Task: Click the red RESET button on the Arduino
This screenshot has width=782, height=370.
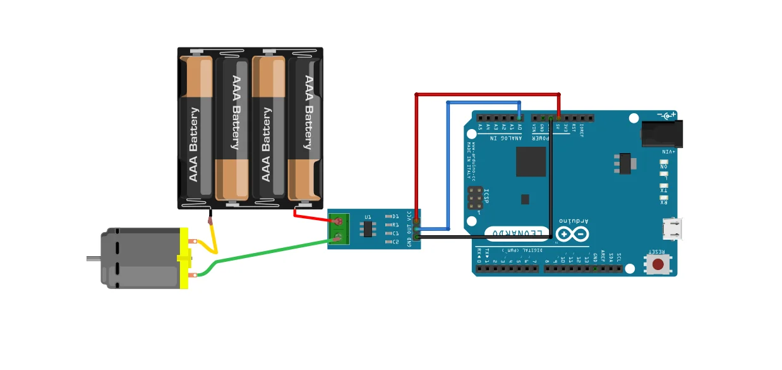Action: [658, 264]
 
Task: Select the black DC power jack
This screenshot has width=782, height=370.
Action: [658, 133]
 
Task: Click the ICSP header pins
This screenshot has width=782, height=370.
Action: [476, 199]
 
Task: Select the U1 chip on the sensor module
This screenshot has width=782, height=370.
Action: [367, 228]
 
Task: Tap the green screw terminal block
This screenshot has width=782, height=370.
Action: [339, 229]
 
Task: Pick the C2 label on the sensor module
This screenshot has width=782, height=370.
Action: [396, 242]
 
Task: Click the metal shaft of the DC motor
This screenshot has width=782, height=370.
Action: [93, 258]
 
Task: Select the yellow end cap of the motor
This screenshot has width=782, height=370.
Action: [184, 258]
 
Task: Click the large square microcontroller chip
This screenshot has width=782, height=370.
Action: [531, 161]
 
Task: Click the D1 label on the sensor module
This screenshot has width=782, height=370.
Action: [396, 217]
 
